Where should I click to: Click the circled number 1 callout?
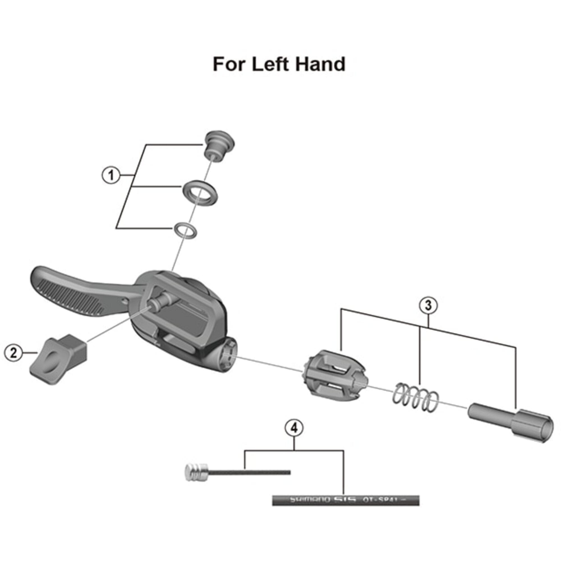point(111,175)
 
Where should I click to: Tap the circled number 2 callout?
point(13,353)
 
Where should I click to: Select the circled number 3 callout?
point(428,305)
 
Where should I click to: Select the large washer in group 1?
point(200,193)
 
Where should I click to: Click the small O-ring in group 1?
point(185,231)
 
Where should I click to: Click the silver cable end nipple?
point(196,472)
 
